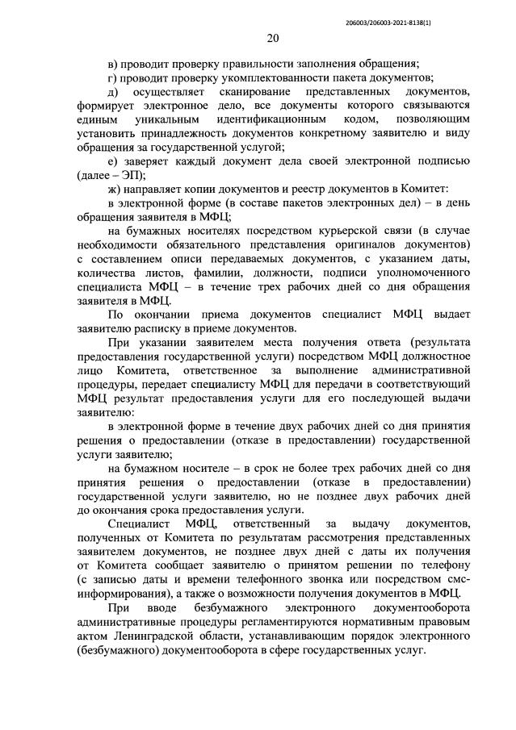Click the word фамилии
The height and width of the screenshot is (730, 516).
[x=203, y=274]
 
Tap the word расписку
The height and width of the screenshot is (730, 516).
[x=167, y=328]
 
